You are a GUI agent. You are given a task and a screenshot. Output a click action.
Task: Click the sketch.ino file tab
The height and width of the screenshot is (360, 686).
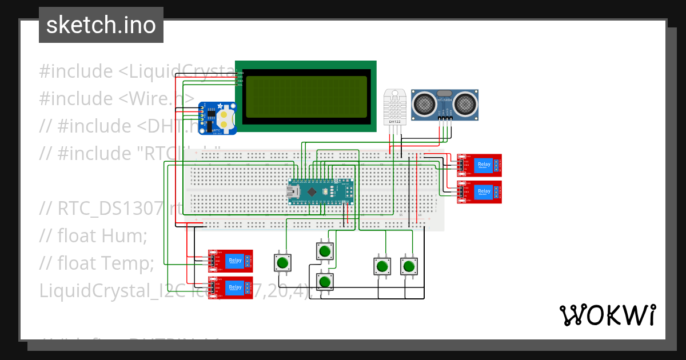click(101, 25)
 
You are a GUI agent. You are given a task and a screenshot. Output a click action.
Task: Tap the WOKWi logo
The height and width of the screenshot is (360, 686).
click(607, 315)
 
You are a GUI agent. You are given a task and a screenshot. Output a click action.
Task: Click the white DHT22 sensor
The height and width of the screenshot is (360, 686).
click(395, 106)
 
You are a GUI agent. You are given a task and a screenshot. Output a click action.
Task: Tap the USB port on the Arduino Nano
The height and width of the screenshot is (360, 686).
click(294, 192)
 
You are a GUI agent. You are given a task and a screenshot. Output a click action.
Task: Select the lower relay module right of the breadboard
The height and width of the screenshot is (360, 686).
click(479, 191)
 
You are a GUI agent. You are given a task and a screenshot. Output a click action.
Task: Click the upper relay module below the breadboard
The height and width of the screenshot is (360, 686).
click(230, 261)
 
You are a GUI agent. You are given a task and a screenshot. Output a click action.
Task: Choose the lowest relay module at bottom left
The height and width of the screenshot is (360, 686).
click(230, 287)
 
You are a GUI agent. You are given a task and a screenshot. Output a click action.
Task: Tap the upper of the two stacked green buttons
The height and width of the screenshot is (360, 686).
click(325, 251)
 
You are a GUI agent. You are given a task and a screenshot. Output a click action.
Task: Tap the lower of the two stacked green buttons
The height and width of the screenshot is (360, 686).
click(325, 281)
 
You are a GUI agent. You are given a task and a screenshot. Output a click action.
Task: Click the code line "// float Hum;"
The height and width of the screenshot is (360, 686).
click(93, 235)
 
